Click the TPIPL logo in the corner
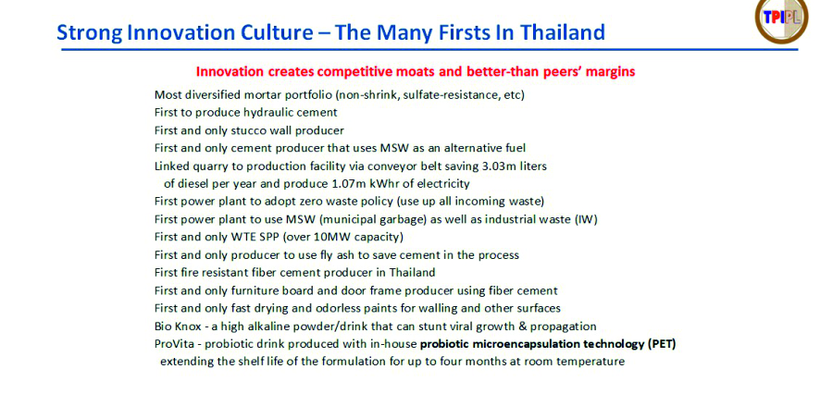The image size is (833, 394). point(781,18)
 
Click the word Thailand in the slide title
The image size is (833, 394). point(562,32)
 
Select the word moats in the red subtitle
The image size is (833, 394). point(383,72)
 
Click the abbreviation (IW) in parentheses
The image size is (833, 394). point(587,219)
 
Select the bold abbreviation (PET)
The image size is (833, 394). point(662,344)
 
